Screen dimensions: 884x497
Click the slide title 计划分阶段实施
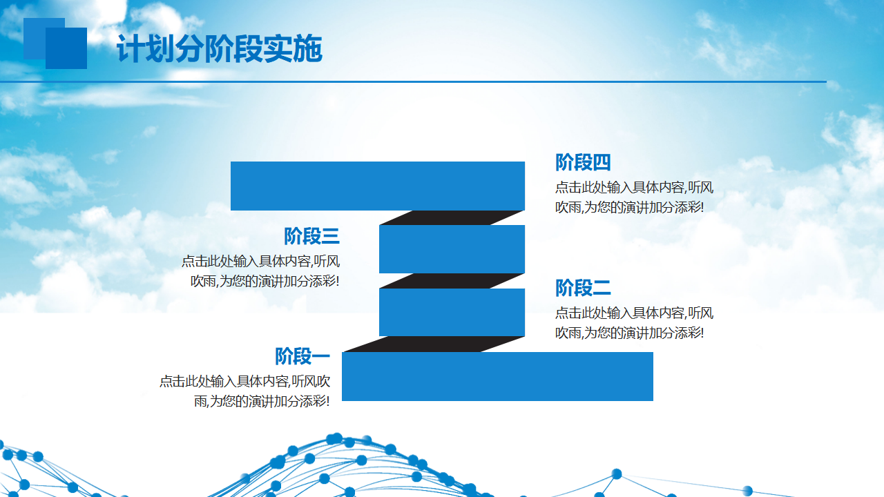(220, 48)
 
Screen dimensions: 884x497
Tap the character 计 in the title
(131, 48)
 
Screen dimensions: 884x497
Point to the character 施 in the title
(308, 48)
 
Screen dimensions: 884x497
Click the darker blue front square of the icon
(66, 48)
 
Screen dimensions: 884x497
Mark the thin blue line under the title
(413, 81)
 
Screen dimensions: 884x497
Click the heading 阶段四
(583, 162)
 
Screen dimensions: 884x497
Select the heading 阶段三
(311, 236)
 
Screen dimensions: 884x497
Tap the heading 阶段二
(583, 288)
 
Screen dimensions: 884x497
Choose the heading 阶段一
(302, 356)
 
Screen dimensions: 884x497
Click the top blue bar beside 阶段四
(378, 186)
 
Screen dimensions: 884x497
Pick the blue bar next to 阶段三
(452, 249)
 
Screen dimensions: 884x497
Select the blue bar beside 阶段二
(452, 312)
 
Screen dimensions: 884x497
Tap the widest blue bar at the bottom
(497, 376)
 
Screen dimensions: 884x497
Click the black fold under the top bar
(452, 217)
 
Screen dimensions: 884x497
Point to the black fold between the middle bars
(452, 281)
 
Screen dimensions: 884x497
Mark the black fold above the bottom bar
(434, 344)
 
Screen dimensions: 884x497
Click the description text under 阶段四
(634, 197)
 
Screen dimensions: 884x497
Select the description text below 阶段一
(244, 391)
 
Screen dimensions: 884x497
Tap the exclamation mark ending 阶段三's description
(337, 281)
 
